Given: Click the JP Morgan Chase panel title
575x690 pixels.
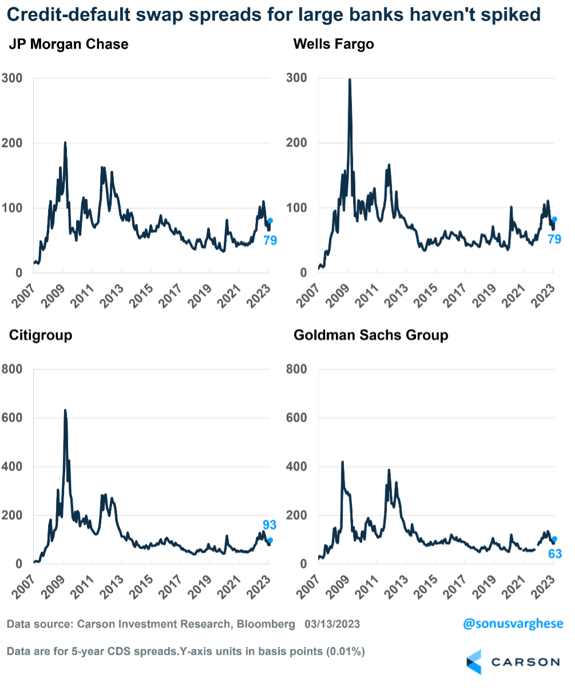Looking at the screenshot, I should click(69, 45).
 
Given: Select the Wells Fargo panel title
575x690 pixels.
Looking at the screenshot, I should click(334, 45).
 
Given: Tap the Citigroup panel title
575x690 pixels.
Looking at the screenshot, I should click(41, 335).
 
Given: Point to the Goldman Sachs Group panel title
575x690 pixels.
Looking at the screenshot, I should click(371, 335).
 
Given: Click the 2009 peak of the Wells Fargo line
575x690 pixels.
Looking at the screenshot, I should click(350, 80).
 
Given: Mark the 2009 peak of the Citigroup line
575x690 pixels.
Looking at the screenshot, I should click(65, 410).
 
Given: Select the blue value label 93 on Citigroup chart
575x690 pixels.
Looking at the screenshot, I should click(269, 525).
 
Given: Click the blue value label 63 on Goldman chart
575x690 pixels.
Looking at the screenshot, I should click(555, 553).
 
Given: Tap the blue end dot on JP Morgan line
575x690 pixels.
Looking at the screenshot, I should click(270, 220).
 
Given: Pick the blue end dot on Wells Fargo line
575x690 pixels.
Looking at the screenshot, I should click(554, 220).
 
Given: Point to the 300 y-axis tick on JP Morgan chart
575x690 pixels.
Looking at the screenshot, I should click(12, 78).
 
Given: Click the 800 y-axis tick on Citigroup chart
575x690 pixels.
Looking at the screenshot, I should click(12, 369).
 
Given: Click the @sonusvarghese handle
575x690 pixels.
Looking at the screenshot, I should click(513, 624).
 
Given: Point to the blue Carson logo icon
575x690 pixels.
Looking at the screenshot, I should click(474, 662).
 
